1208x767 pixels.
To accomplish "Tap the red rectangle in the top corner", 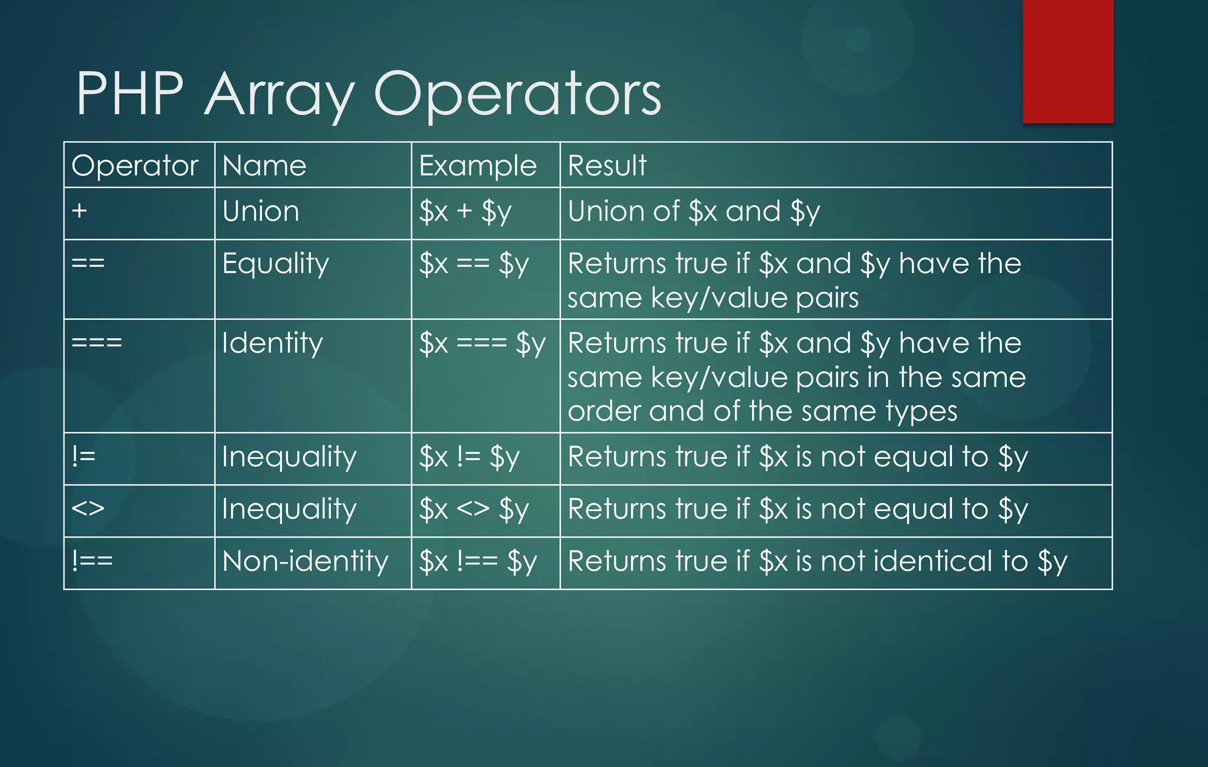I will click(x=1068, y=61).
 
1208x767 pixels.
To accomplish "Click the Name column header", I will click(x=264, y=166).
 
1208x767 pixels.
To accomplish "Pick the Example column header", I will click(x=478, y=166).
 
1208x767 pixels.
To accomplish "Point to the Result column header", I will click(x=607, y=166).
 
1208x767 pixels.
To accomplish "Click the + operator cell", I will click(x=80, y=211).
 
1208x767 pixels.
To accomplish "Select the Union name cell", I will click(x=261, y=212).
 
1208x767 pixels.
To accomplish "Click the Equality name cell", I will click(x=275, y=264).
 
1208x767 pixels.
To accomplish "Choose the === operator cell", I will click(x=97, y=343).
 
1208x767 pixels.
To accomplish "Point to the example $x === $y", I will click(x=482, y=344).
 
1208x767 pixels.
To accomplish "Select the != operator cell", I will click(x=84, y=457).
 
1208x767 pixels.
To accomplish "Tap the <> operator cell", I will click(x=88, y=509).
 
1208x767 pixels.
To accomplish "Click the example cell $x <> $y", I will click(x=474, y=509).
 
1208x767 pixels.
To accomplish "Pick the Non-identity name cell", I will click(x=305, y=561).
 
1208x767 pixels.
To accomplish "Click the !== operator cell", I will click(x=92, y=561).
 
